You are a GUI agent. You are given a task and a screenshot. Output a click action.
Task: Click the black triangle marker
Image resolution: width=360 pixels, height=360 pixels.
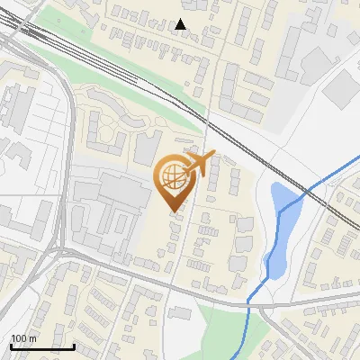pyautogui.click(x=181, y=24)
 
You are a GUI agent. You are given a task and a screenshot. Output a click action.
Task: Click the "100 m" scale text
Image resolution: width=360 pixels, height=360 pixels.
pyautogui.click(x=23, y=338)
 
